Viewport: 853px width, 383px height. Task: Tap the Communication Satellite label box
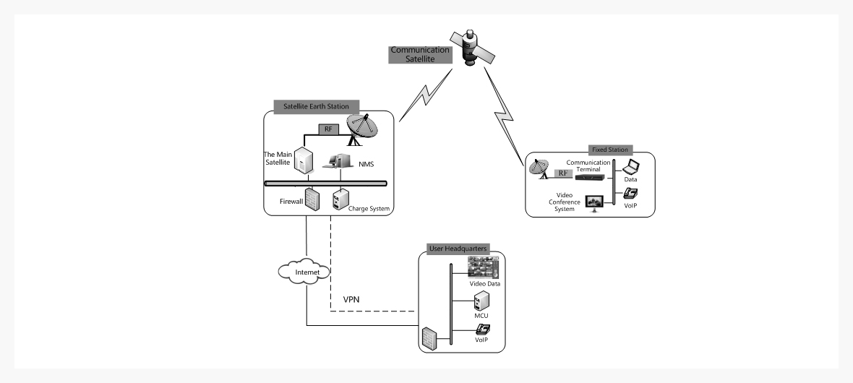420,55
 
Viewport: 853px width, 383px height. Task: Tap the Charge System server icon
338,200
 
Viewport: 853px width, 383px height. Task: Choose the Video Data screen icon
484,269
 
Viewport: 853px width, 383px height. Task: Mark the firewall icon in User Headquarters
429,337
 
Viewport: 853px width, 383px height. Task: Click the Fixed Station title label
614,150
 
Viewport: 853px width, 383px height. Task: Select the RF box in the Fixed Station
563,173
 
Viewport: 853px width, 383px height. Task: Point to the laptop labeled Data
631,168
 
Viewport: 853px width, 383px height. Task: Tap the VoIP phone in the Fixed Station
629,194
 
